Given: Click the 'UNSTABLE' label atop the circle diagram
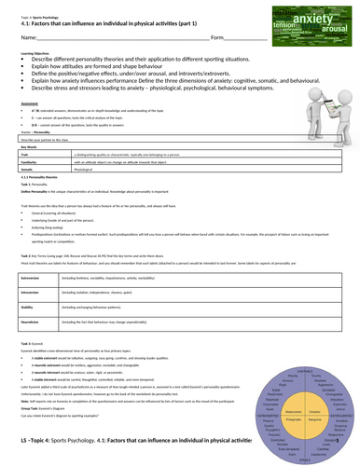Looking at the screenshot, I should click(x=304, y=371).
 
